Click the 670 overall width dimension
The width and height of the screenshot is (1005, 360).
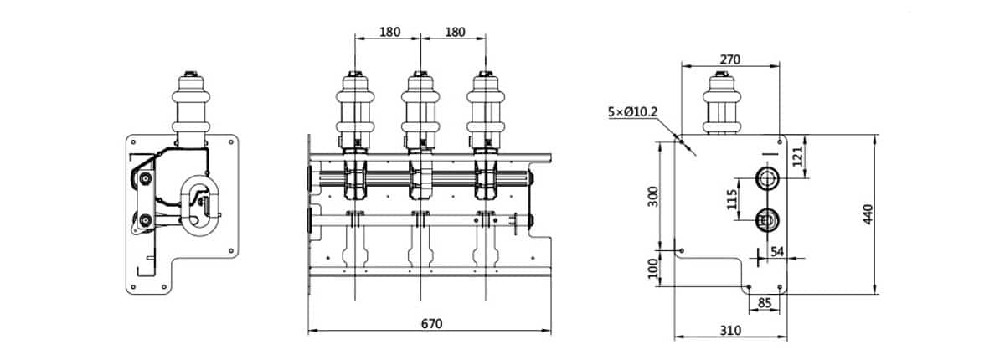click(430, 323)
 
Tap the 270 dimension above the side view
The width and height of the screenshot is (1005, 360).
click(730, 59)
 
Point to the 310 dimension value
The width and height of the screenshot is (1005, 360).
click(730, 331)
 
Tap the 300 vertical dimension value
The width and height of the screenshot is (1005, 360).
click(654, 197)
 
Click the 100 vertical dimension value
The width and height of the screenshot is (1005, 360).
click(654, 269)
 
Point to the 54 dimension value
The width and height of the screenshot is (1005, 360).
click(776, 252)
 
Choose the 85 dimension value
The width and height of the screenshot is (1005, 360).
click(764, 302)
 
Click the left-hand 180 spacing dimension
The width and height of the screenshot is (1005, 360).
click(389, 32)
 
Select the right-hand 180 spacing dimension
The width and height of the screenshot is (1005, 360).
click(454, 32)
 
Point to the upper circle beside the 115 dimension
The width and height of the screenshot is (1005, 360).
click(767, 177)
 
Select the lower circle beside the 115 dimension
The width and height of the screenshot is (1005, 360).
click(767, 220)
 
